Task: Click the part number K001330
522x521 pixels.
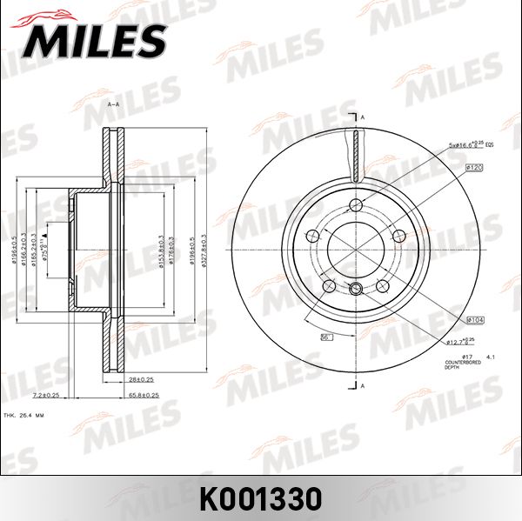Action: (261, 498)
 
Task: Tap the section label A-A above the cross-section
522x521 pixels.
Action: (113, 104)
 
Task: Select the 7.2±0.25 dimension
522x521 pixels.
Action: (44, 395)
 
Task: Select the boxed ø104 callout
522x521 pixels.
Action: (474, 320)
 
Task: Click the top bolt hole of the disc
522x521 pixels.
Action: (356, 206)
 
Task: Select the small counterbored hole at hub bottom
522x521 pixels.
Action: (356, 291)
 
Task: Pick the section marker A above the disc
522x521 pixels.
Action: (363, 117)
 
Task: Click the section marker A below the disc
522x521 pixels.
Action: (363, 385)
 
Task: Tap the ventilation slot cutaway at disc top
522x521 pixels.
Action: (356, 152)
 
